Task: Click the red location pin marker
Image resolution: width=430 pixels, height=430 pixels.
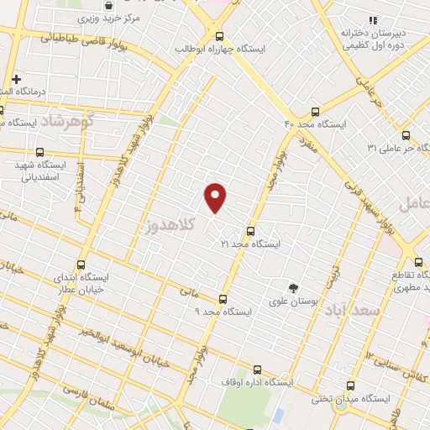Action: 216,197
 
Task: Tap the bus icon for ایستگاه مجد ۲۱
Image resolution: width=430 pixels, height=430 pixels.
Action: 250,231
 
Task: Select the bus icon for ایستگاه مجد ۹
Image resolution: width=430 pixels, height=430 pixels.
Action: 223,299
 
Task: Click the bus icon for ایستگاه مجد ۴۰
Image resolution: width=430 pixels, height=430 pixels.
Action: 315,112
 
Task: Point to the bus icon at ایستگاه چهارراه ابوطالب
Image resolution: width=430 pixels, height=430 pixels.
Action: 220,36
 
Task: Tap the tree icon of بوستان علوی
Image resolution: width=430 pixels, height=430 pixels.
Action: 293,286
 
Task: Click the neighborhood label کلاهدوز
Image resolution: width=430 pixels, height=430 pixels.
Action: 168,224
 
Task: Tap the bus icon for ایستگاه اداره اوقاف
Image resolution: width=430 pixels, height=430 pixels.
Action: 257,368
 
